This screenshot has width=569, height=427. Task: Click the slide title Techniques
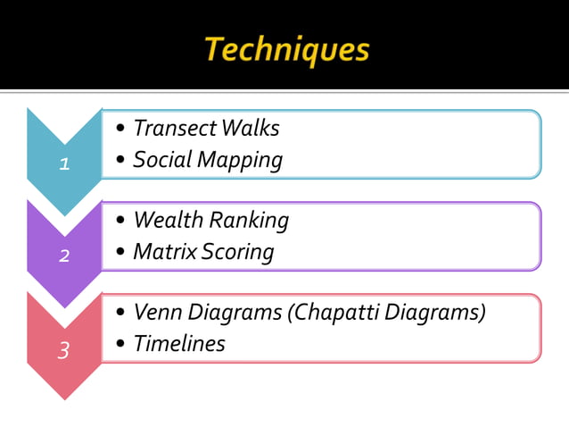[x=286, y=50]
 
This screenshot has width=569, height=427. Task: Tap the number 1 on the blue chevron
[x=63, y=163]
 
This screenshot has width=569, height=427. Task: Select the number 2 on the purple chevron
[x=64, y=256]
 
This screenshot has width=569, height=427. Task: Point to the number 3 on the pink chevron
[x=63, y=350]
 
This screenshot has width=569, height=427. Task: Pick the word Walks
[x=250, y=129]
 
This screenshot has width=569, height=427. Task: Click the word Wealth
[x=167, y=220]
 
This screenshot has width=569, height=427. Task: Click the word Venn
[x=156, y=313]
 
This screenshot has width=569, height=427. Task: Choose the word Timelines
[x=179, y=344]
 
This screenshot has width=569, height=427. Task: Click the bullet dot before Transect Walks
[x=120, y=130]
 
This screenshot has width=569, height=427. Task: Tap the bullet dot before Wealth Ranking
[x=120, y=221]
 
